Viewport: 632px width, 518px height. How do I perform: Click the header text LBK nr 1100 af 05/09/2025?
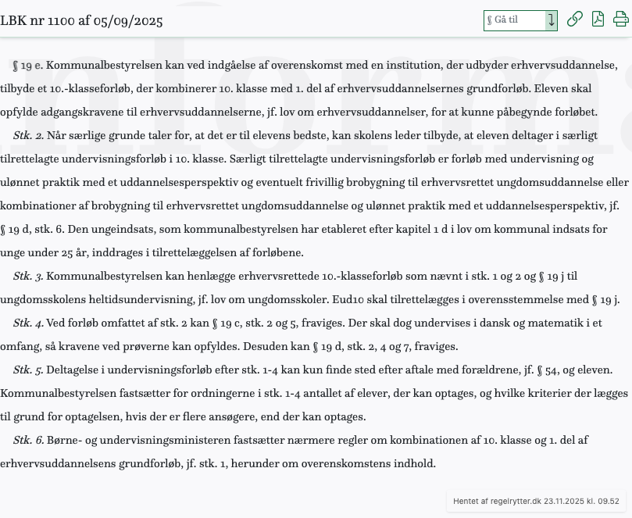pos(81,21)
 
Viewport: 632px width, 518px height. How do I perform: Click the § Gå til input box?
pos(514,20)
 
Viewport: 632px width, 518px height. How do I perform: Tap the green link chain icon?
pos(574,20)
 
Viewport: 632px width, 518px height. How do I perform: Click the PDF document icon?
pos(598,20)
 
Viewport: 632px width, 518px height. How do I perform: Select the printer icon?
pos(621,20)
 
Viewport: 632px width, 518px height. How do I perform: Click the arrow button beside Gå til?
pos(552,20)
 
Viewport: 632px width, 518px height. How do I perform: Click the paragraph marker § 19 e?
pos(28,65)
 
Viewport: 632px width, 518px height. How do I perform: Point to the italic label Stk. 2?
pos(28,135)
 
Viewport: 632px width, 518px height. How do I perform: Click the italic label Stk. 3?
pos(28,276)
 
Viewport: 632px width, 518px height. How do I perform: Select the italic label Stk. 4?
pos(28,323)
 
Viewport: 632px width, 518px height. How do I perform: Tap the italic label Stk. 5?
pos(28,370)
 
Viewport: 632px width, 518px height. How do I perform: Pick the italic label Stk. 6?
pos(28,440)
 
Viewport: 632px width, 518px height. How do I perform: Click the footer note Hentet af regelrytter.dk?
pos(536,502)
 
